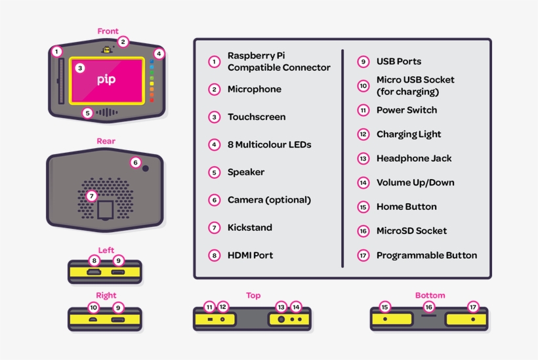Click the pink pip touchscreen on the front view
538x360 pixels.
click(106, 80)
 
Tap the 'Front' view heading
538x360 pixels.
click(108, 31)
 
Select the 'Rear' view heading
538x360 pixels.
click(106, 141)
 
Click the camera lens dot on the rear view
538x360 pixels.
click(145, 169)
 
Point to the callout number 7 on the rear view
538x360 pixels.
click(91, 195)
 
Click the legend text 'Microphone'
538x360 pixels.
click(254, 89)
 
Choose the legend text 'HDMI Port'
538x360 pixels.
click(250, 255)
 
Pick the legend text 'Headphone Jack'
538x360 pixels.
click(413, 158)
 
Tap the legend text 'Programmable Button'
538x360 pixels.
click(426, 255)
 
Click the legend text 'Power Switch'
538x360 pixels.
click(406, 110)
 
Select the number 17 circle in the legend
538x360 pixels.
click(363, 256)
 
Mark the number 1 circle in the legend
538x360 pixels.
click(214, 62)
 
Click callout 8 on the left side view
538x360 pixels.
click(94, 261)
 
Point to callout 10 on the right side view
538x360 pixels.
click(93, 307)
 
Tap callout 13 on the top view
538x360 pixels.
click(281, 307)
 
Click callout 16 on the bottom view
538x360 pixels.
click(428, 306)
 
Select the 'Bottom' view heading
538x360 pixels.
click(430, 295)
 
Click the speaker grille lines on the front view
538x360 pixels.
click(107, 112)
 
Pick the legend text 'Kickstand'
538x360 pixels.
click(250, 228)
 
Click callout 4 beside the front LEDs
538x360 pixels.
click(159, 53)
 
